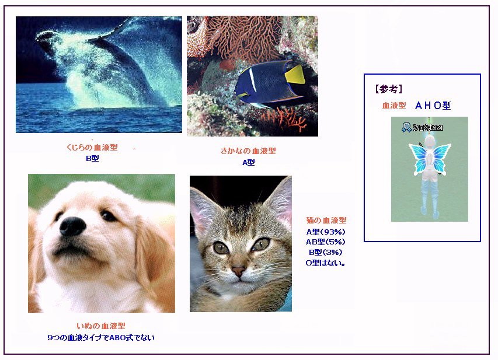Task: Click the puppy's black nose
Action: (73, 226)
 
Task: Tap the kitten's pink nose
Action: (239, 271)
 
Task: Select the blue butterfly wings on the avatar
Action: (430, 158)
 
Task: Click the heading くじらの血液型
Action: (92, 147)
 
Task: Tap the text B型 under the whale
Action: (92, 158)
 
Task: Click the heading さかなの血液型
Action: (248, 151)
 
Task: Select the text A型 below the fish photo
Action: (248, 163)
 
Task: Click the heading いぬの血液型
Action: (101, 326)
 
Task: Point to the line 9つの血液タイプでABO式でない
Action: (101, 337)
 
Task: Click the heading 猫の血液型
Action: (326, 220)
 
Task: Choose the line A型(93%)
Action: (326, 232)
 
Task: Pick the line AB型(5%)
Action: (326, 242)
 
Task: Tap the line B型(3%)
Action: (326, 253)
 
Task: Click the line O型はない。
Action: (326, 263)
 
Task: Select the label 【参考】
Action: (389, 89)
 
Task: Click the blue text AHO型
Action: (433, 106)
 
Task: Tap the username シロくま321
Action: (428, 128)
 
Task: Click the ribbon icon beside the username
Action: (406, 127)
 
